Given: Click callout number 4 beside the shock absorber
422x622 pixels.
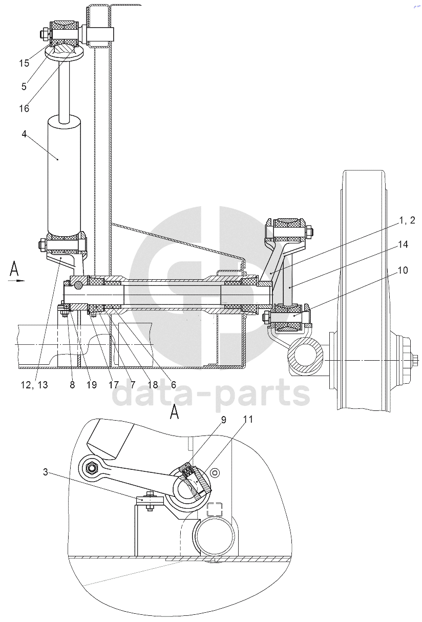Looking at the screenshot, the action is pyautogui.click(x=24, y=134).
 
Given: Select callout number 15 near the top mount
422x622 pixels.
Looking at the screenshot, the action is pyautogui.click(x=24, y=63).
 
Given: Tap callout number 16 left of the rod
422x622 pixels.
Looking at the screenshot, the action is pyautogui.click(x=24, y=108).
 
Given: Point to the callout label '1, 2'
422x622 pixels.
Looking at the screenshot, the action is pyautogui.click(x=407, y=220).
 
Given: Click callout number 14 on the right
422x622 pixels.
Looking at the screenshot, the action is pyautogui.click(x=403, y=244).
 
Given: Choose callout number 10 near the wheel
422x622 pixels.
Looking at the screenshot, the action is pyautogui.click(x=403, y=270).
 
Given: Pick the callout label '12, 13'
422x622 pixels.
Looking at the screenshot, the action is pyautogui.click(x=34, y=385).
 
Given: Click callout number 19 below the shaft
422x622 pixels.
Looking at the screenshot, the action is pyautogui.click(x=91, y=385).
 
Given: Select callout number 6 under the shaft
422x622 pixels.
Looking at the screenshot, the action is pyautogui.click(x=174, y=385).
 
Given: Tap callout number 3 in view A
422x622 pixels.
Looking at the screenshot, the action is pyautogui.click(x=46, y=472).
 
